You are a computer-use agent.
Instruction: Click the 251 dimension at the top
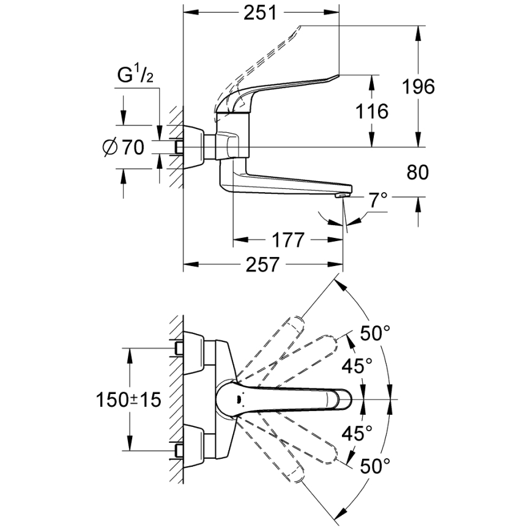pos(260,13)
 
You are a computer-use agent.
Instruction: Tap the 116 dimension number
pos(373,111)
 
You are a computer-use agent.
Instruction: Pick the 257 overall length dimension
pos(263,265)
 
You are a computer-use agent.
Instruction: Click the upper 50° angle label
pos(374,333)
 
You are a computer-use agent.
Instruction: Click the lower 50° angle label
pos(374,466)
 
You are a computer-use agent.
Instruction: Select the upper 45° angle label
pos(356,366)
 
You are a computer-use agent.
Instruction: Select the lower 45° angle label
pos(356,433)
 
